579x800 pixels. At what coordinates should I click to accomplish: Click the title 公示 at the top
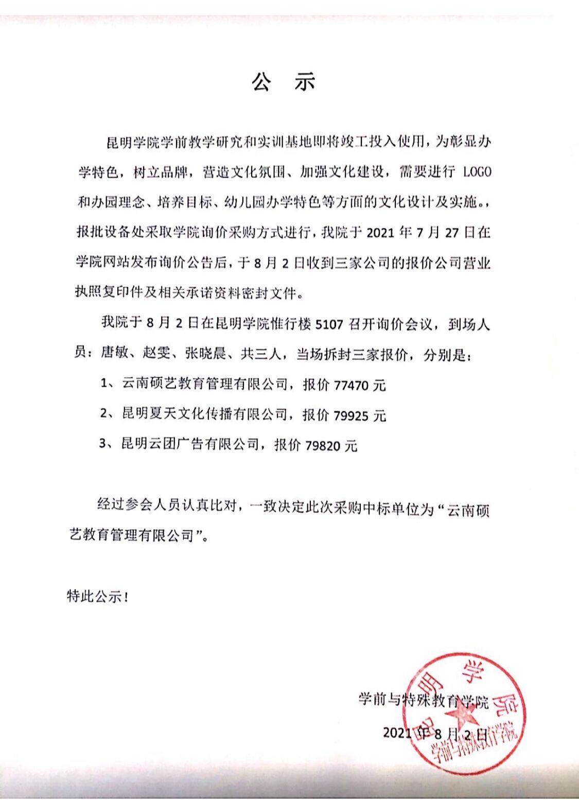click(283, 81)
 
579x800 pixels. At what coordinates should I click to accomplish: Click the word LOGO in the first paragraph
click(477, 171)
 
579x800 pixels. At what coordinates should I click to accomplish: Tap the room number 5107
click(329, 324)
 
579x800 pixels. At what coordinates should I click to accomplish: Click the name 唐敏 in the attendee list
click(114, 354)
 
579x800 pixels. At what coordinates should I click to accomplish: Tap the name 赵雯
click(156, 354)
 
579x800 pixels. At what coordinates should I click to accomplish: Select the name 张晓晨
click(206, 354)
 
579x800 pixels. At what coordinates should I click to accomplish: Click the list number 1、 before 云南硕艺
click(107, 384)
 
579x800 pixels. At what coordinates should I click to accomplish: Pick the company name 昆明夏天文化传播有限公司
click(204, 414)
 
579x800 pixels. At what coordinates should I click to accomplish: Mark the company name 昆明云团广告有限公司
click(190, 444)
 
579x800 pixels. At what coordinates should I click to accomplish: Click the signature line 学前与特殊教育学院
click(423, 700)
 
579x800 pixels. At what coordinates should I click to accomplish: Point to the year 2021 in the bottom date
click(397, 733)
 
